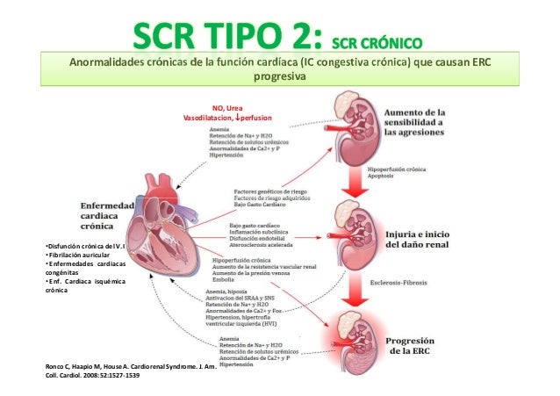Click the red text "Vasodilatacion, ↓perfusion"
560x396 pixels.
click(x=226, y=117)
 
